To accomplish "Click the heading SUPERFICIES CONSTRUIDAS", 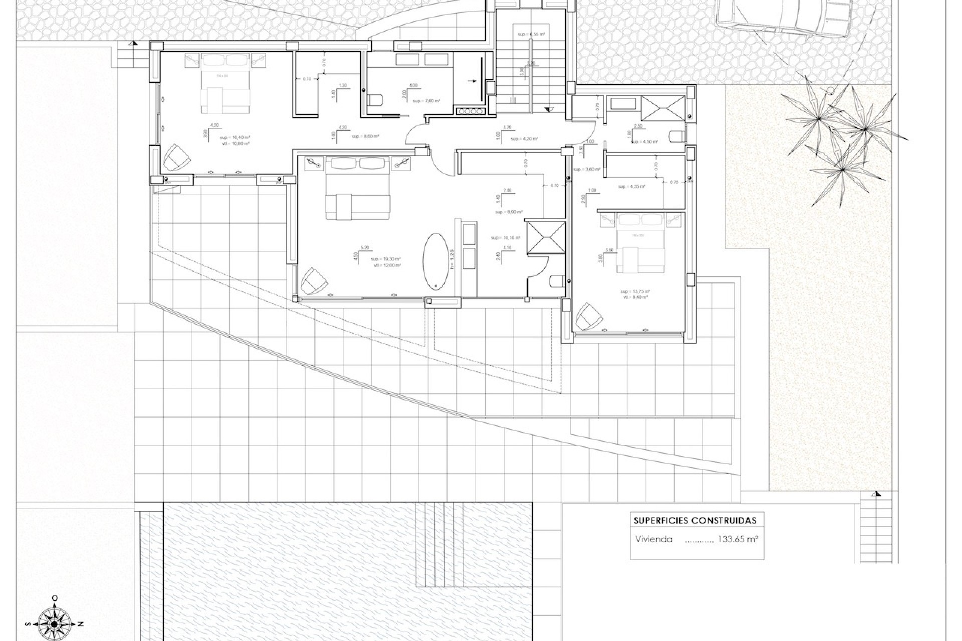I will click(695, 521).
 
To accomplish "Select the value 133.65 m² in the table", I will click(738, 540).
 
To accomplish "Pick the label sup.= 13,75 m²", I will click(635, 291).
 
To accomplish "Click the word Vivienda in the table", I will click(653, 540).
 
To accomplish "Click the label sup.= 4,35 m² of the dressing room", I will click(631, 186).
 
